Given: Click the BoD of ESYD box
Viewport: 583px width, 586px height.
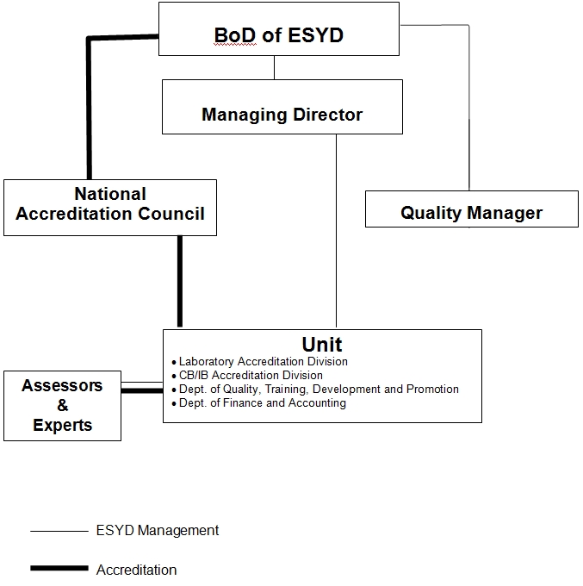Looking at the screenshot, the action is [x=279, y=28].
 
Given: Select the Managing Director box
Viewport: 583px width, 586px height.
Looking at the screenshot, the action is [x=282, y=107].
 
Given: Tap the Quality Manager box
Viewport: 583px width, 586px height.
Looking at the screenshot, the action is [x=472, y=209].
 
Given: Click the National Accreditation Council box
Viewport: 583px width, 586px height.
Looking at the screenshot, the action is [x=110, y=208].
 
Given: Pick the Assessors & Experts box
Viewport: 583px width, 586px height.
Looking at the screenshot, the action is [x=62, y=406].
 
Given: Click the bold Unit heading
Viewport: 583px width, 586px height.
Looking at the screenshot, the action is [x=321, y=344].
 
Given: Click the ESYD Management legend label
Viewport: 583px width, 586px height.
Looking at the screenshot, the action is [x=158, y=530].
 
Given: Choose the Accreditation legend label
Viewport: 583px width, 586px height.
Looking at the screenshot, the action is [x=136, y=570].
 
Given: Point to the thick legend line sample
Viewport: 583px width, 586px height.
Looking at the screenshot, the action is [x=59, y=568].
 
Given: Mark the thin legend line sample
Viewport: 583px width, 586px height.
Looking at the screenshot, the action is [x=59, y=531].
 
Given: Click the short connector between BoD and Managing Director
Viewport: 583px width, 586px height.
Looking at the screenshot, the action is [x=274, y=67].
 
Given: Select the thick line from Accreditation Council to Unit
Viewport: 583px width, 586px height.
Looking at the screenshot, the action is [x=180, y=282].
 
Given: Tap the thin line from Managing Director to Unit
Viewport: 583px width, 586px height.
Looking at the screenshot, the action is [x=336, y=231].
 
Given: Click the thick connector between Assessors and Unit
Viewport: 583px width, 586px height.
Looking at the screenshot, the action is [x=142, y=390].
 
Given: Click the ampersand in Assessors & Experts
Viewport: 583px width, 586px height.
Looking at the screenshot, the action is [x=63, y=405].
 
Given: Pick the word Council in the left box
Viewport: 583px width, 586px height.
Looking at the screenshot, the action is [x=171, y=214].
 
